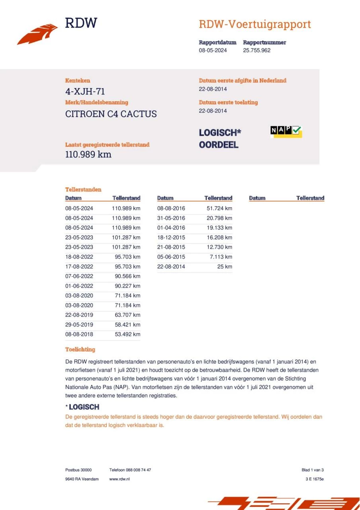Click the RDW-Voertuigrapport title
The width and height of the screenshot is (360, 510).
pyautogui.click(x=254, y=24)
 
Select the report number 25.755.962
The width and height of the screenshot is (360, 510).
pyautogui.click(x=256, y=50)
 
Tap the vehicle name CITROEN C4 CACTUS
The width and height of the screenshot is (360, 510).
pyautogui.click(x=111, y=114)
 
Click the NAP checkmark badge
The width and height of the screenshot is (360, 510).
pyautogui.click(x=286, y=131)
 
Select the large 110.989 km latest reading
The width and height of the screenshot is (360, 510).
pyautogui.click(x=88, y=155)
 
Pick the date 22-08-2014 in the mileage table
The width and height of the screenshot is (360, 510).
pyautogui.click(x=171, y=267)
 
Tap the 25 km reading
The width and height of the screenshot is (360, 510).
pyautogui.click(x=225, y=267)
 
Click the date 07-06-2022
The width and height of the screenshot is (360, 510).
pyautogui.click(x=79, y=276)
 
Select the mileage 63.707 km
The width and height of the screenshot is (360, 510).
pyautogui.click(x=126, y=315)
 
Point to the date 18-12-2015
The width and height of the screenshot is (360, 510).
pyautogui.click(x=171, y=237)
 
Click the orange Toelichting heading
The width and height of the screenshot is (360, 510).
pyautogui.click(x=80, y=349)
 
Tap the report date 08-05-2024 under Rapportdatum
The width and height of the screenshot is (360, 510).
pyautogui.click(x=213, y=50)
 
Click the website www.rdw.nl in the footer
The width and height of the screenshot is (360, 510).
pyautogui.click(x=119, y=479)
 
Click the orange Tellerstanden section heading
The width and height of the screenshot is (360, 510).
pyautogui.click(x=83, y=190)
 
